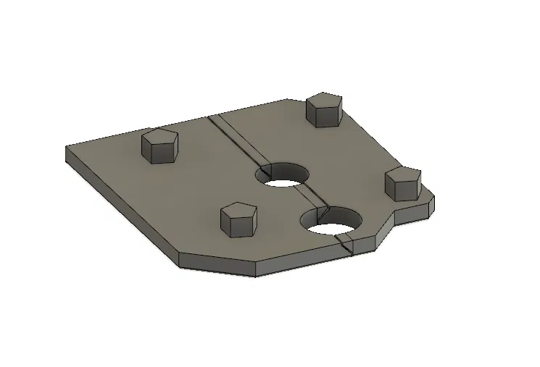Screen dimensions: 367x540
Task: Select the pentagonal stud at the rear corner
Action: (323, 110)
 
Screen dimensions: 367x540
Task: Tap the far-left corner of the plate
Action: (67, 148)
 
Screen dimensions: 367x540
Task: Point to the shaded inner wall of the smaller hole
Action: (278, 171)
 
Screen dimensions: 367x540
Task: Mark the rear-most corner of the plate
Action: (288, 100)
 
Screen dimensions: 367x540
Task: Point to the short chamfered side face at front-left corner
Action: (217, 266)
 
